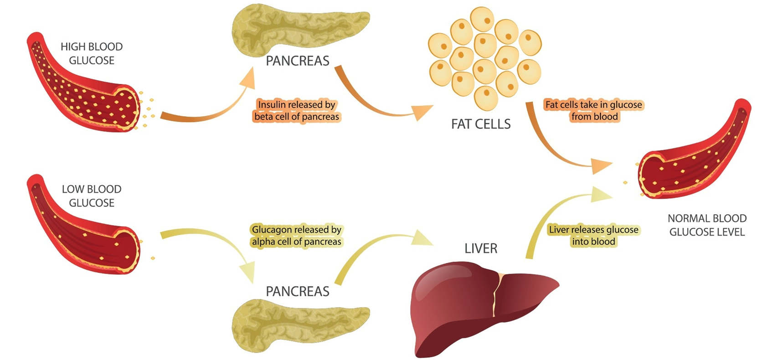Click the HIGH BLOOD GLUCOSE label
click(x=92, y=53)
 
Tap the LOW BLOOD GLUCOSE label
click(x=92, y=196)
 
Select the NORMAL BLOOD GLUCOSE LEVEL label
click(x=707, y=225)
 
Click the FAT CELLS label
click(x=481, y=124)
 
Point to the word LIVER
click(x=481, y=248)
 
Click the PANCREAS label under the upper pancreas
click(x=298, y=61)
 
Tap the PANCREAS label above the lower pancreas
click(x=298, y=291)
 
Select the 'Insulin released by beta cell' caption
click(x=297, y=111)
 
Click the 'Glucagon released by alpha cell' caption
click(x=297, y=236)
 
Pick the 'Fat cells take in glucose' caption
click(x=594, y=111)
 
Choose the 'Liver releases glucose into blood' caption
click(x=593, y=236)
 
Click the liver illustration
click(x=474, y=310)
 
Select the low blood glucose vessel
click(x=82, y=228)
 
